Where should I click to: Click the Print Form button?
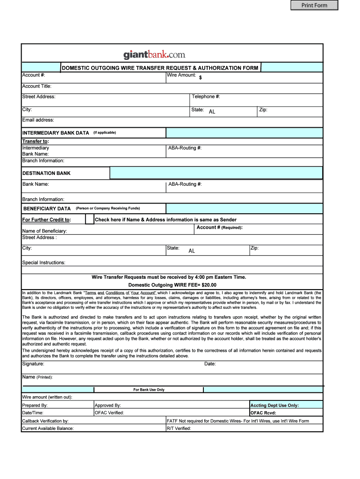314,5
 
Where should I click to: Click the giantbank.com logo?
154,55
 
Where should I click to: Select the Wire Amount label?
181,75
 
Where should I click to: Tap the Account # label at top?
34,75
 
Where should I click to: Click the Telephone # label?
206,97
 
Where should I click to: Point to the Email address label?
38,120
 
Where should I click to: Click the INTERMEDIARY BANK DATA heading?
56,133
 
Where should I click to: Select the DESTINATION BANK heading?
46,173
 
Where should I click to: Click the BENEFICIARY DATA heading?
47,209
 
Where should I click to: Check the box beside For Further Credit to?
89,219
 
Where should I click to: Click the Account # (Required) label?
219,227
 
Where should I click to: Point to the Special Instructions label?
44,262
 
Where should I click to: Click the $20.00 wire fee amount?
209,285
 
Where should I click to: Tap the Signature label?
33,364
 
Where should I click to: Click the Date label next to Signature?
210,364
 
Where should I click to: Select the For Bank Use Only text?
149,390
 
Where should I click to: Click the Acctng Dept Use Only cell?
274,406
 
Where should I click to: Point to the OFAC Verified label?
109,413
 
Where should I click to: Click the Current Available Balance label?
48,428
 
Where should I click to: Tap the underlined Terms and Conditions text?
120,293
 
